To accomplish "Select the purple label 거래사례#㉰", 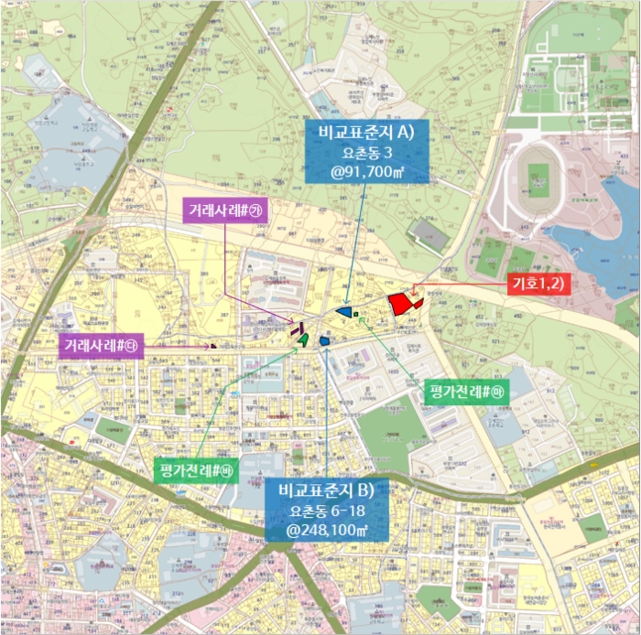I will (x=101, y=346).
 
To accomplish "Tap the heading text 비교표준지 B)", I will (x=327, y=490).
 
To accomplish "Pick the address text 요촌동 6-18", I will (x=327, y=511).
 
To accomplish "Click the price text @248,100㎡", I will (x=327, y=529).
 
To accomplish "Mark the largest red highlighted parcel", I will (x=400, y=305).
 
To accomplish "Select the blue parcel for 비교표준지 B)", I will (x=325, y=340).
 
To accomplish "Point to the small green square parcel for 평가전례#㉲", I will (x=355, y=315).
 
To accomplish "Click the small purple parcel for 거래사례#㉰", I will (x=214, y=346).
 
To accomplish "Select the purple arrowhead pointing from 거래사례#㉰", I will (x=210, y=346).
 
